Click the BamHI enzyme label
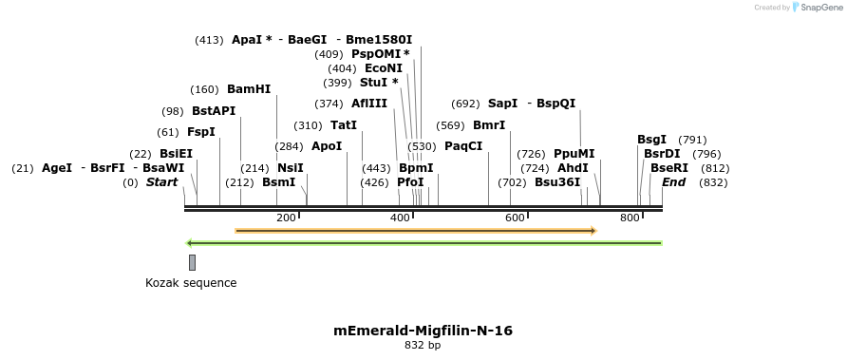[249, 89]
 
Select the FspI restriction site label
[201, 132]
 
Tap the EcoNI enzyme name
[384, 68]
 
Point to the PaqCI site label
[463, 146]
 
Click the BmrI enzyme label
[489, 125]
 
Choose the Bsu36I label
[557, 182]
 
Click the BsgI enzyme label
[651, 140]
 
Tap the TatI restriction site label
[344, 125]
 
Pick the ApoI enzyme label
[327, 146]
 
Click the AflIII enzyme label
[369, 104]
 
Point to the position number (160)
[205, 90]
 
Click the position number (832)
[713, 182]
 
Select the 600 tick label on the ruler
[516, 218]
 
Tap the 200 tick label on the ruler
[286, 218]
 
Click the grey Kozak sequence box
[192, 262]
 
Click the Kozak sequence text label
[191, 283]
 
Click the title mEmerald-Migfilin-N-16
[423, 331]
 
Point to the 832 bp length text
[423, 346]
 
